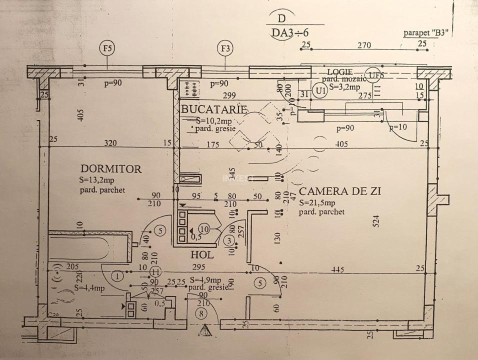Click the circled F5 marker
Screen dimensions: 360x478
click(107, 48)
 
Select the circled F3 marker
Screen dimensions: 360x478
click(226, 48)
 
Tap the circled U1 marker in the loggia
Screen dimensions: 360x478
click(320, 90)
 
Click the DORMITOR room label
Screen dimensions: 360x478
click(111, 169)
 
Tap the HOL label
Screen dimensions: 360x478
click(202, 254)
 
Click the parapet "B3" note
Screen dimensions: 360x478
click(425, 33)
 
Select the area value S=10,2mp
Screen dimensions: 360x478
click(213, 120)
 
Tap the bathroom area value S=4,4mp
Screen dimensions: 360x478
click(90, 288)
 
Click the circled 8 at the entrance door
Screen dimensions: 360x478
click(201, 314)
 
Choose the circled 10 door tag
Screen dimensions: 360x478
click(204, 228)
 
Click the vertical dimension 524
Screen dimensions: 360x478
click(376, 221)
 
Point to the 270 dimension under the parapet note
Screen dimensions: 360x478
click(364, 45)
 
